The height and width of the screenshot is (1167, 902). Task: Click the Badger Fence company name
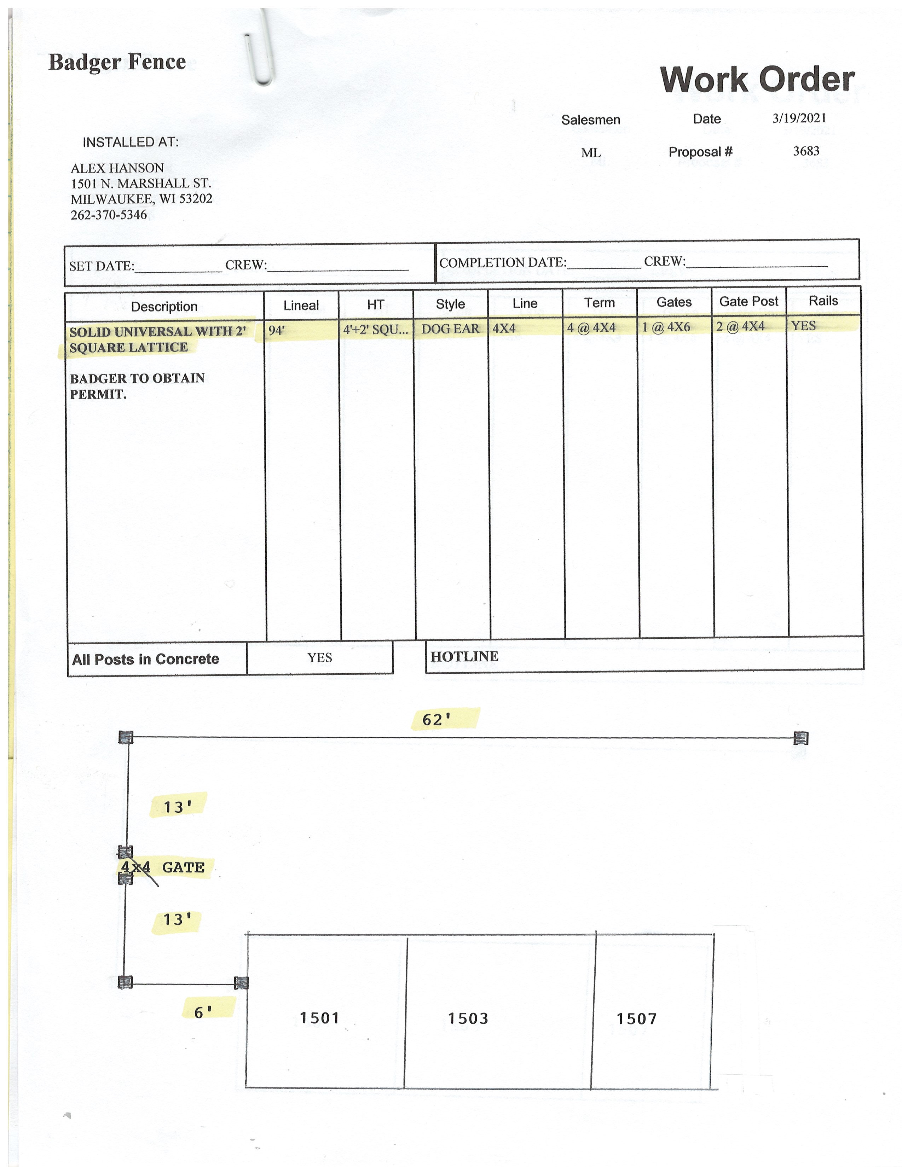click(117, 62)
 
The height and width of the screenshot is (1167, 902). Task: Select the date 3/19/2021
click(799, 118)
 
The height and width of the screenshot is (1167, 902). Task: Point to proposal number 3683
click(806, 151)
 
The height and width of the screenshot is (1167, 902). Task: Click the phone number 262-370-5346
click(109, 215)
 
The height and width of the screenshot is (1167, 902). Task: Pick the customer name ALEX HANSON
click(117, 168)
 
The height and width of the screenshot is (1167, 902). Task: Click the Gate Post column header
click(748, 301)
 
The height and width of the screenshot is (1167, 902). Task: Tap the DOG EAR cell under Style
click(450, 329)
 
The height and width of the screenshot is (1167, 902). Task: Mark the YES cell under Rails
click(803, 325)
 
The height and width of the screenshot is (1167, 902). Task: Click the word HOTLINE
click(464, 657)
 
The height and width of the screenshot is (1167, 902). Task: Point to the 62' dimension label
click(436, 720)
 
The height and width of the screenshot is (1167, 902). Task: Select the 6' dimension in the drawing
click(203, 1011)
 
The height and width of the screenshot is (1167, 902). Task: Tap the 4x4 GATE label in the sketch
click(163, 867)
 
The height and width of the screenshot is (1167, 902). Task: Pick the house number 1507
click(636, 1018)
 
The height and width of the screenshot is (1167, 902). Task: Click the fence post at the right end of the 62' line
click(800, 738)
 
